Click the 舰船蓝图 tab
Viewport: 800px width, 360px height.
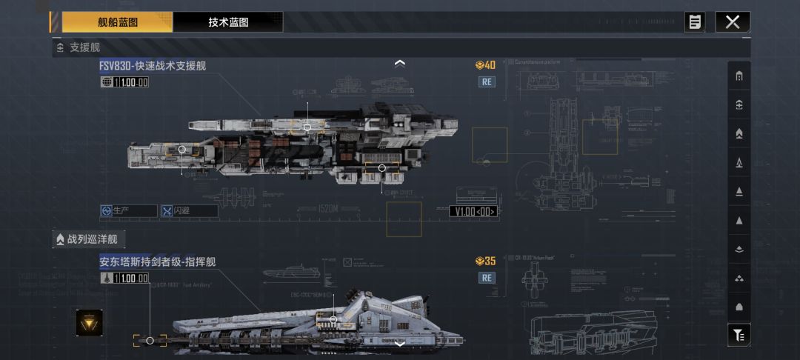pyautogui.click(x=117, y=22)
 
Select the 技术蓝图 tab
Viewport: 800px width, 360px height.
pyautogui.click(x=228, y=22)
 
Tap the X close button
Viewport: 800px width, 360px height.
pyautogui.click(x=733, y=22)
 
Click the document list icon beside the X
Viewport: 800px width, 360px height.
pyautogui.click(x=695, y=22)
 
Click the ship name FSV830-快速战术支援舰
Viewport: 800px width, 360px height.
pyautogui.click(x=153, y=66)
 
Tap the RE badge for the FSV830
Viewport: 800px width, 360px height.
pyautogui.click(x=487, y=81)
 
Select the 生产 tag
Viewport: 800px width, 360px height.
pyautogui.click(x=129, y=211)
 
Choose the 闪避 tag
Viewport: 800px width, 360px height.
pyautogui.click(x=190, y=211)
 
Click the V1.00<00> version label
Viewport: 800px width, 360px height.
pyautogui.click(x=473, y=212)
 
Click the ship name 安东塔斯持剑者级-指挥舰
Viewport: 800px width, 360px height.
pyautogui.click(x=158, y=262)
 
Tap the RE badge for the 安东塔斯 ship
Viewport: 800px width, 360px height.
pyautogui.click(x=487, y=278)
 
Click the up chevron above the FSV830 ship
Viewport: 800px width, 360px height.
pyautogui.click(x=400, y=64)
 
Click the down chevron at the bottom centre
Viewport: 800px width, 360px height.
pyautogui.click(x=400, y=344)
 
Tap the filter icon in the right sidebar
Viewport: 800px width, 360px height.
pyautogui.click(x=739, y=336)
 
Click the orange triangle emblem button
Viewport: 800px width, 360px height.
pyautogui.click(x=90, y=322)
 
